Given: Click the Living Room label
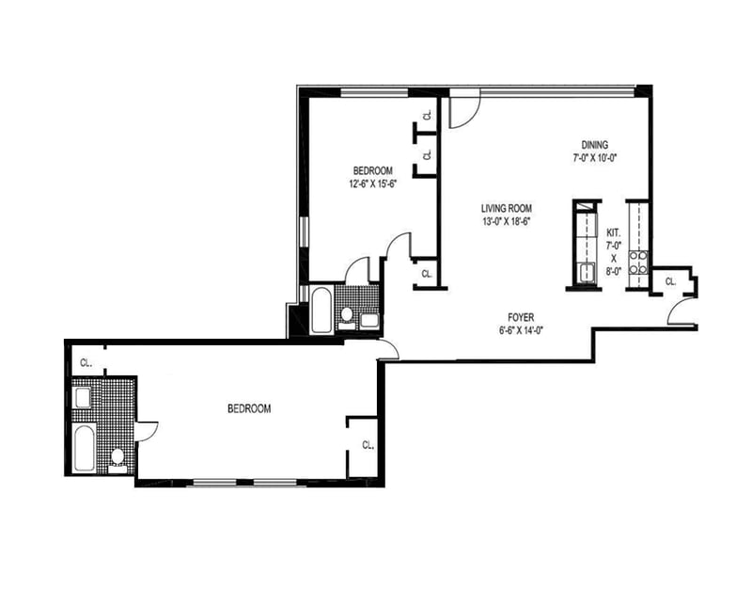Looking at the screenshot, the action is pos(507,208).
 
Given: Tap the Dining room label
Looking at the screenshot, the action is pos(595,145).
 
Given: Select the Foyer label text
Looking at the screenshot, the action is pos(521,317).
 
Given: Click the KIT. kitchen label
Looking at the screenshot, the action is pos(614,232).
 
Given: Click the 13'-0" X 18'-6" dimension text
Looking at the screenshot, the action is pos(507,221).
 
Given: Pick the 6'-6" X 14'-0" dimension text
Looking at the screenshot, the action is pos(521,330).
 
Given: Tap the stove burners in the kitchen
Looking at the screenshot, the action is pos(638,263).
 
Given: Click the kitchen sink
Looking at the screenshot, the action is pos(587,273).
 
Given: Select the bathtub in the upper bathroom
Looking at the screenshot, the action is pos(321,310).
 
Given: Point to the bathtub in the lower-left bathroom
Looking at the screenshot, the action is pos(85,448).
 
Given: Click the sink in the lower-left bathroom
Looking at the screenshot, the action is pos(83,398).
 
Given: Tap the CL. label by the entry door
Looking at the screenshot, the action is pos(670,281).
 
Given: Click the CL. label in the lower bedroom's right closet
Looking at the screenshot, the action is pos(368,445).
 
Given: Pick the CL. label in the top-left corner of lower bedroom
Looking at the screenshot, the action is pos(86,363).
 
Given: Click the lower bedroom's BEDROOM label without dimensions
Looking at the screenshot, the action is pos(249,408).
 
